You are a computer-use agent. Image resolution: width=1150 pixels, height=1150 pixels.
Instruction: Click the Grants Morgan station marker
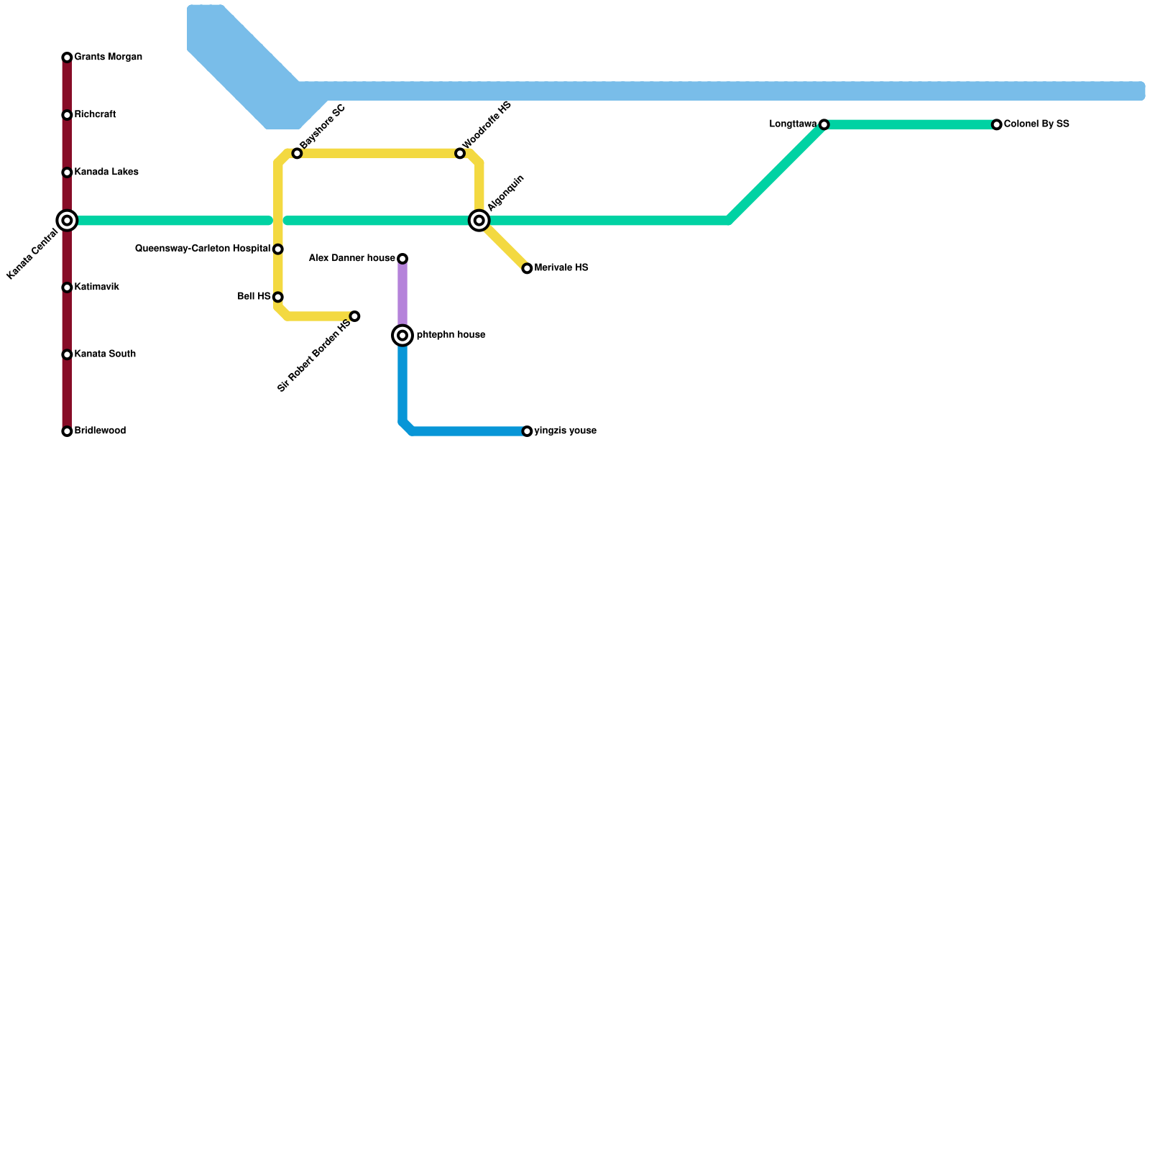click(67, 57)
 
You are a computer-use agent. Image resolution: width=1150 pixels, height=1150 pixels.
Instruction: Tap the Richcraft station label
click(95, 115)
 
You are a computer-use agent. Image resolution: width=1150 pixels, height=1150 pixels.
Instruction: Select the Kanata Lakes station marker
click(67, 172)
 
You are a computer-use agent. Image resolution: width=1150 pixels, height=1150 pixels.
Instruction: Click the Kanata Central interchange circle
click(67, 221)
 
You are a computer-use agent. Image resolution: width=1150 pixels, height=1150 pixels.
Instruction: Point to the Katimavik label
click(96, 287)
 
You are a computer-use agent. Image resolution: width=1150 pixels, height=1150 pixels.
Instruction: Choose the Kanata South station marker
click(67, 354)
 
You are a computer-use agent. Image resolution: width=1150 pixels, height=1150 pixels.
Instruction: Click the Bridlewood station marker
click(67, 431)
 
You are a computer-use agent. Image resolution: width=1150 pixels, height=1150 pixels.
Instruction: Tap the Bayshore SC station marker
click(297, 154)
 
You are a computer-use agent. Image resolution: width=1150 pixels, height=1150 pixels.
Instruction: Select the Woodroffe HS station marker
click(460, 154)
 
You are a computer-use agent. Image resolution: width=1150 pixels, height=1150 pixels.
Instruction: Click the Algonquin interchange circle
click(479, 221)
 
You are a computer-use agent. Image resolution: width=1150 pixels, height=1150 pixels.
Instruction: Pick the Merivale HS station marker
click(527, 269)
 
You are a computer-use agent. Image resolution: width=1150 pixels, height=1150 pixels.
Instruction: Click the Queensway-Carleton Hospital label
click(203, 249)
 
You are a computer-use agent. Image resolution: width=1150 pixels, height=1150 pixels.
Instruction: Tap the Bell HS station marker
click(278, 297)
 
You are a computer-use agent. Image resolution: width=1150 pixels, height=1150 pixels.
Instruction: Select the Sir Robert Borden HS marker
click(354, 316)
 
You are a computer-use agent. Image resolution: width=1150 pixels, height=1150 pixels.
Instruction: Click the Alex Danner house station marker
click(402, 259)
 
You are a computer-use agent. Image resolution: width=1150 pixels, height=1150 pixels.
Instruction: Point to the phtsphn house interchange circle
click(402, 336)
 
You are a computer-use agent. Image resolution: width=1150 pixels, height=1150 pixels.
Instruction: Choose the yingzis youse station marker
click(527, 431)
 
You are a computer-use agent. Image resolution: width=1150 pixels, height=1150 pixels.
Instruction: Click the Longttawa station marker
click(824, 125)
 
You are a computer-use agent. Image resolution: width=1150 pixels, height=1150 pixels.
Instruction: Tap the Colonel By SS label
click(1036, 124)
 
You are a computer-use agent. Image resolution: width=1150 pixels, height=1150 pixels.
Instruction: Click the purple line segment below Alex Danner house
click(402, 295)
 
